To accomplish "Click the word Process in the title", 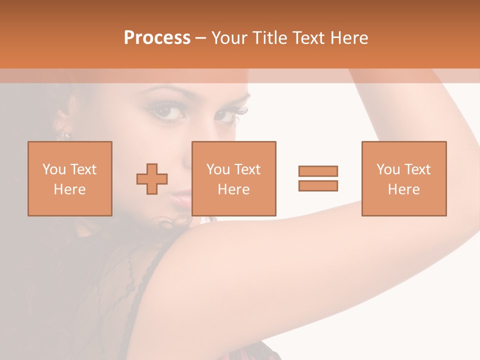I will click(157, 38).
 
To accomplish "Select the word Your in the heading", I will click(230, 38).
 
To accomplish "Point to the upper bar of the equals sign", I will click(318, 171).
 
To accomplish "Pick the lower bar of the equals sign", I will click(318, 185).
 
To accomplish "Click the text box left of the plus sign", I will click(70, 178).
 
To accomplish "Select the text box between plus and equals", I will click(233, 178).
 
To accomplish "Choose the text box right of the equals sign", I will click(404, 178).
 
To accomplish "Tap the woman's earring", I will click(63, 134).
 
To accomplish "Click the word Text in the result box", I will click(417, 169).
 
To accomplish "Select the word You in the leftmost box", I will click(54, 169).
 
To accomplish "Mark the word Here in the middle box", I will click(233, 189).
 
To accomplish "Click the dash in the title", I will click(201, 38).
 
